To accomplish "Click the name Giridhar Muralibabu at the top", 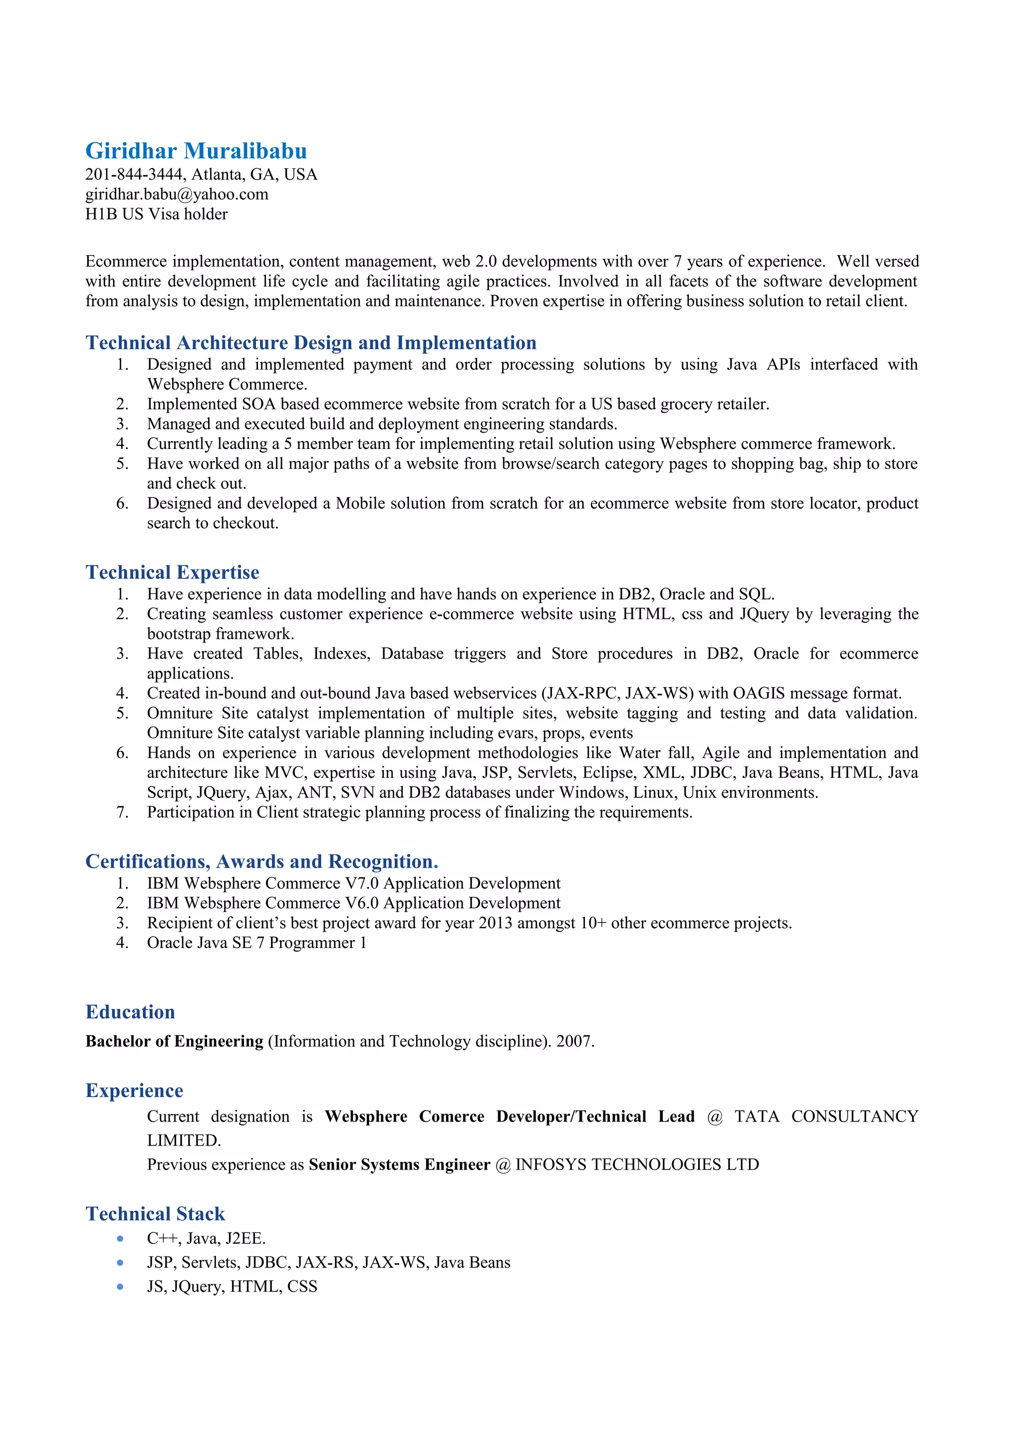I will (196, 151).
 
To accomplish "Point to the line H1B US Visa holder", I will (156, 214).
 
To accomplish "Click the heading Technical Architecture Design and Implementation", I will (310, 343).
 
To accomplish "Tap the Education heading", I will (130, 1011).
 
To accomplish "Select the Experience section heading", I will (134, 1090).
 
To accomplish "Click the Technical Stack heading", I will (155, 1213).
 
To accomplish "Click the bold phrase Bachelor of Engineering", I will (174, 1041).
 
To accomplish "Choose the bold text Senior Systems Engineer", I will (399, 1165).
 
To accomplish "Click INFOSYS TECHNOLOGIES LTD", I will (637, 1165).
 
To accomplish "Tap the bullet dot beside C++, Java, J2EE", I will (120, 1239).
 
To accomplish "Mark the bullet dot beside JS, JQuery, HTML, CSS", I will (120, 1287).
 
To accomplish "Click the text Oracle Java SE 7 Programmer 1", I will (256, 943).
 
